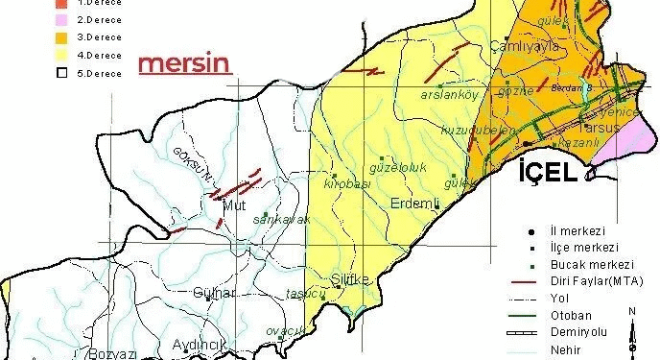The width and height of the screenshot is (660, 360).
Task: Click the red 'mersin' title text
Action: click(184, 64)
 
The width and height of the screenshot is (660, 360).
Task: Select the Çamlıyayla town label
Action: click(524, 46)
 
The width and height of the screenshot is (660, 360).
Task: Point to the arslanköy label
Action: click(449, 95)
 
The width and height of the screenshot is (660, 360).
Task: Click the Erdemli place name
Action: click(414, 204)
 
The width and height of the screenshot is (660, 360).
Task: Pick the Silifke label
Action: click(349, 279)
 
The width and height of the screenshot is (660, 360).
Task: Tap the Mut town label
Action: click(234, 205)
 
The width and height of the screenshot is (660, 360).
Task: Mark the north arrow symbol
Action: click(632, 331)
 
